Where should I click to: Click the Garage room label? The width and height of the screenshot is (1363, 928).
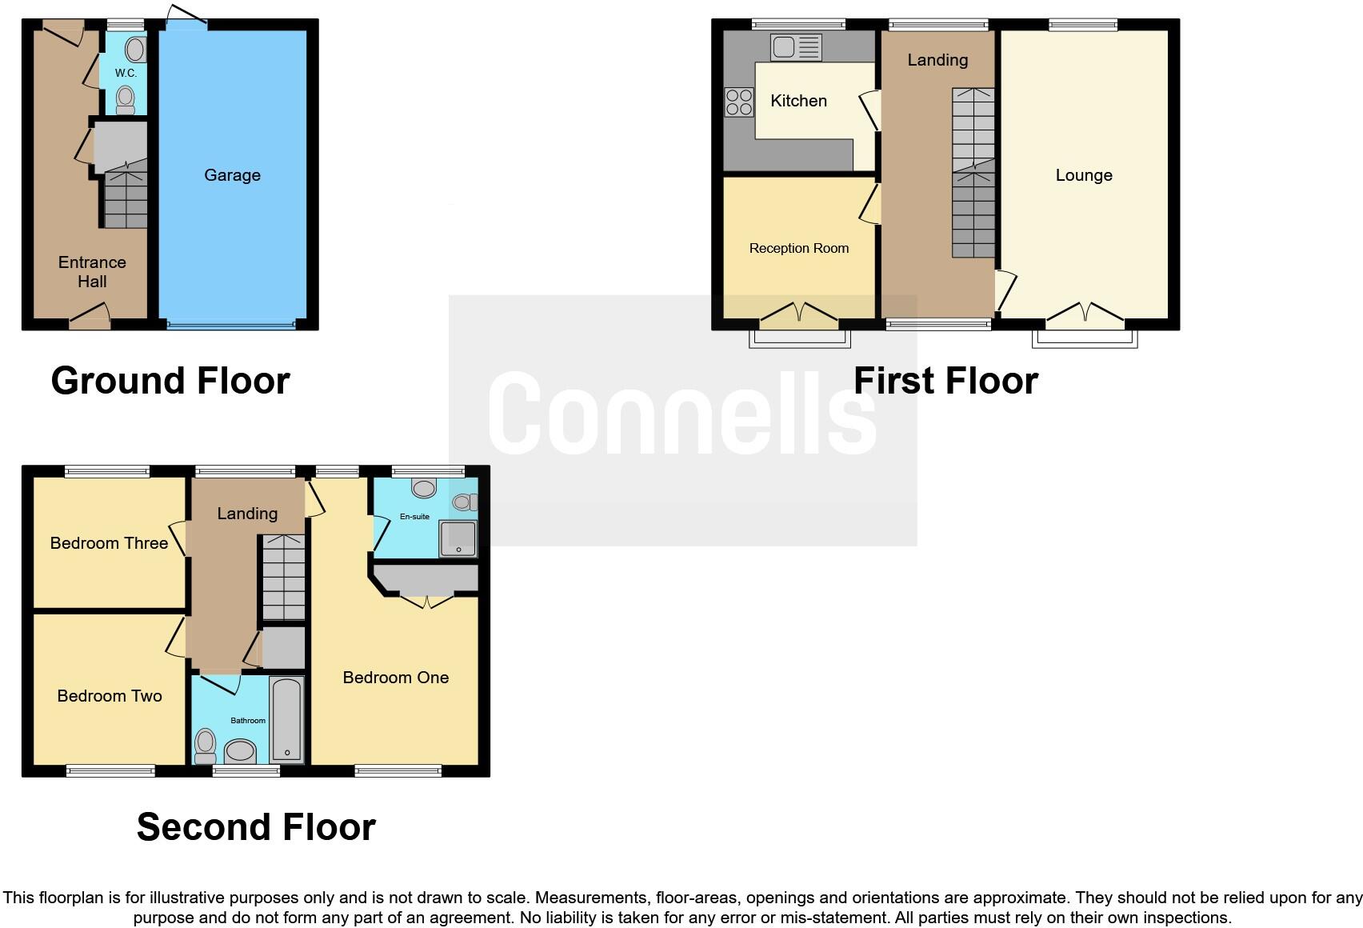coord(232,175)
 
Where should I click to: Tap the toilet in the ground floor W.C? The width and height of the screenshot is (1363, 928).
coord(126,100)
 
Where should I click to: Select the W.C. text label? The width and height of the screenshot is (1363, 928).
coord(126,73)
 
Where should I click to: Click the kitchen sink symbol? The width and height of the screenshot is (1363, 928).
coord(795,47)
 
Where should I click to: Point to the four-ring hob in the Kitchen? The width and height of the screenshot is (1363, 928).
coord(738,102)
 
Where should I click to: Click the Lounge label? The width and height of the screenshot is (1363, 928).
coord(1084,175)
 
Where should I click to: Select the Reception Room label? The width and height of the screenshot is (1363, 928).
coord(798,248)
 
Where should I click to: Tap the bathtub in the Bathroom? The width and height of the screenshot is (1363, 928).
coord(286,718)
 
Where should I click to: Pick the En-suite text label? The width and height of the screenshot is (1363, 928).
coord(414,517)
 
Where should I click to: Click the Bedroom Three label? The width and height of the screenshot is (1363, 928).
coord(109,543)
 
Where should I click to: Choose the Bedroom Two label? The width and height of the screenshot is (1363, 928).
coord(110,696)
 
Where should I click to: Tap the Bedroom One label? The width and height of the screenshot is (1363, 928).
coord(395,678)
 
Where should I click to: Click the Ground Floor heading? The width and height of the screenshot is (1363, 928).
coord(170,381)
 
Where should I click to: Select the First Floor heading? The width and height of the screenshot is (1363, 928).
coord(945,381)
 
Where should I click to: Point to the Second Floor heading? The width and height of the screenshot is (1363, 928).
coord(256,827)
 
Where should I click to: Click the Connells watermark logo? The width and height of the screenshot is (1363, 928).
coord(682,413)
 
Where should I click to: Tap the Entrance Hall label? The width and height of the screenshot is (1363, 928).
coord(92,272)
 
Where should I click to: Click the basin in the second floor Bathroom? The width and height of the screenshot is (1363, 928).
coord(240,751)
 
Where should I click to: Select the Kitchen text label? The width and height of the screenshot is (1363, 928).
coord(798,101)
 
